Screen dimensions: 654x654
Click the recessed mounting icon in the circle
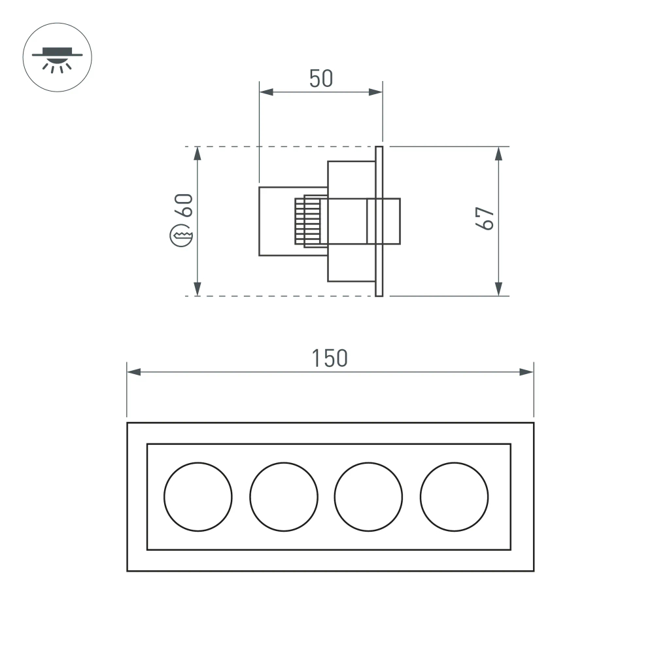[x=58, y=58]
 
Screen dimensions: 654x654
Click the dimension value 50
[x=321, y=78]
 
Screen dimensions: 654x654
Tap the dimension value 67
[x=485, y=218]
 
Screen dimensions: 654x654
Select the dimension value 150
[x=329, y=358]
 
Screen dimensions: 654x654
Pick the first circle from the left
[x=198, y=496]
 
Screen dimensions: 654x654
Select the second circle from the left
[x=284, y=496]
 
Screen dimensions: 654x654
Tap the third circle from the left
[x=369, y=496]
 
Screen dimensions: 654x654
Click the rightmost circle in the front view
[x=455, y=496]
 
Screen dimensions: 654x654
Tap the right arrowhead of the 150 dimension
[x=526, y=372]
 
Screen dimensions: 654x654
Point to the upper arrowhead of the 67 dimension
[x=498, y=154]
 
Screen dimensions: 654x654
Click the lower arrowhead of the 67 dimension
[x=498, y=288]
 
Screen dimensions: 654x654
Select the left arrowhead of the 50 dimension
[x=266, y=92]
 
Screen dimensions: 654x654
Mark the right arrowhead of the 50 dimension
[x=375, y=92]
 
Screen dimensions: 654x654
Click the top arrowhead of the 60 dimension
[x=198, y=154]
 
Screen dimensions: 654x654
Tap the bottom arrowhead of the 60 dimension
[x=198, y=288]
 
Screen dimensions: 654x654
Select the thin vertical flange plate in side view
[x=379, y=221]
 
